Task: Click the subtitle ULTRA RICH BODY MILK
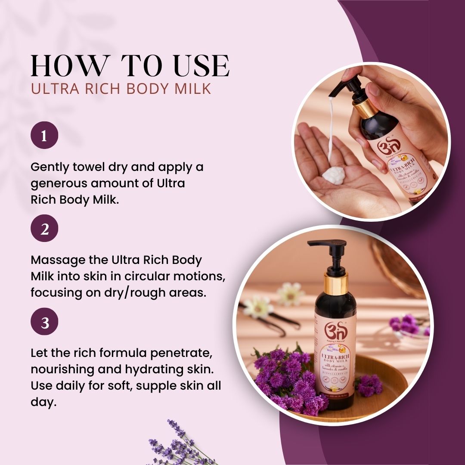pos(121,88)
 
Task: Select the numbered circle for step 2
pos(44,229)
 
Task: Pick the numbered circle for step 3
pos(44,322)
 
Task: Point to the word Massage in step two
pos(54,260)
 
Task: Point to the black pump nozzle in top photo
pos(341,88)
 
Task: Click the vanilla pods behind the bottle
pos(276,321)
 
